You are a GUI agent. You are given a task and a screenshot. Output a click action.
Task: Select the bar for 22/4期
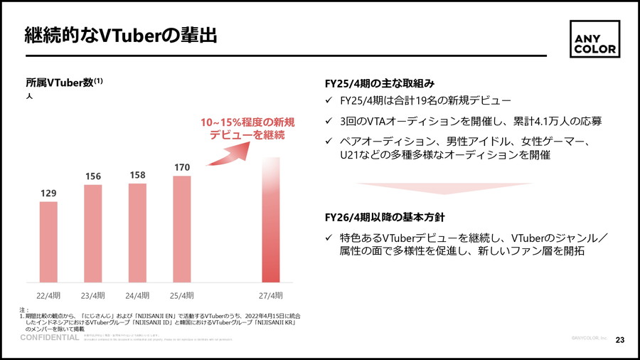coord(48,242)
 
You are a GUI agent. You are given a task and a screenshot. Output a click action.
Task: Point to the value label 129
coord(48,193)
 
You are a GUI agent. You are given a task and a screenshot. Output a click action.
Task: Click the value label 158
coord(137,175)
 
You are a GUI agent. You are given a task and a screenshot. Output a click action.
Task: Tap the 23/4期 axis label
coord(92,295)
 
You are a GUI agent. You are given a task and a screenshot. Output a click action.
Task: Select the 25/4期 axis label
coord(182,295)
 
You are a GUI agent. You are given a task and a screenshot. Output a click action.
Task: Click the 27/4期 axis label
coord(270,295)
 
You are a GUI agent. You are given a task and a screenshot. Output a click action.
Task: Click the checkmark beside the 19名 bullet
coord(329,101)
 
